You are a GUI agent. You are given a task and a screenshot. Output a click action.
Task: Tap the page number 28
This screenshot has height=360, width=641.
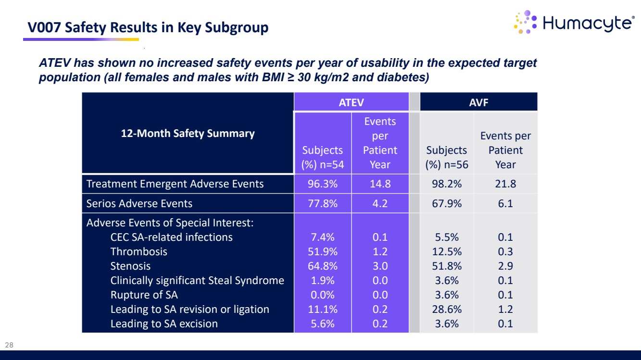[9, 345]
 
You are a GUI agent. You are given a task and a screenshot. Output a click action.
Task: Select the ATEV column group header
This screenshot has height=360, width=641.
[351, 102]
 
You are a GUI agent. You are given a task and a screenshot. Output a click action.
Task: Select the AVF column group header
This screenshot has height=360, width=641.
[478, 102]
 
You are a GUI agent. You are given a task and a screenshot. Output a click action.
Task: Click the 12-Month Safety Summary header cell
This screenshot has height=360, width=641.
[188, 133]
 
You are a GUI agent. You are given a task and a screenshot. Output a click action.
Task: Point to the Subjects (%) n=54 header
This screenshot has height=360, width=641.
[323, 157]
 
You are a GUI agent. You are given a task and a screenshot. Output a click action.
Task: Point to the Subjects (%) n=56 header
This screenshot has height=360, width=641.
[447, 157]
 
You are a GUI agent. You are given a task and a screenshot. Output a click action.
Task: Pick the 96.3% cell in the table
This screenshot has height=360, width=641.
[323, 184]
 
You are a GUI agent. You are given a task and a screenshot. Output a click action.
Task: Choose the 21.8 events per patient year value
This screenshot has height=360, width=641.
[505, 184]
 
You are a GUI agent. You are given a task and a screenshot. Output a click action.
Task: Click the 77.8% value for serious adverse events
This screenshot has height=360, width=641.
[323, 203]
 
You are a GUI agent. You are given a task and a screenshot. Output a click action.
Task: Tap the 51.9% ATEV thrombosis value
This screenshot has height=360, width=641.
[323, 251]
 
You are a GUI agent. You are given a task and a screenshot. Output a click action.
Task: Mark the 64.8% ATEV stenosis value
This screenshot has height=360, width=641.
[323, 266]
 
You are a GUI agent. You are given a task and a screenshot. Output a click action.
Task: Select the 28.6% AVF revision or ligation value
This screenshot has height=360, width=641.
[447, 309]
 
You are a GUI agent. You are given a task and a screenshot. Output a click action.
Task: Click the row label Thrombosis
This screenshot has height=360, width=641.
[139, 251]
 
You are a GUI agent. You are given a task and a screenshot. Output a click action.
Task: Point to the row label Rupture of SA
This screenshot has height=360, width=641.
[144, 295]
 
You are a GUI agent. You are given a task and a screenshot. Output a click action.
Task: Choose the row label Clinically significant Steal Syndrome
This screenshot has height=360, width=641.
[197, 280]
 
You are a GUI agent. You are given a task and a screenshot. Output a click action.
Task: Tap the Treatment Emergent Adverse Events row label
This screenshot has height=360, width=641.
[175, 184]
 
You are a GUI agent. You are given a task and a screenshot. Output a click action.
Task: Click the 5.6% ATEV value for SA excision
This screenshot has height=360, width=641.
[323, 323]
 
